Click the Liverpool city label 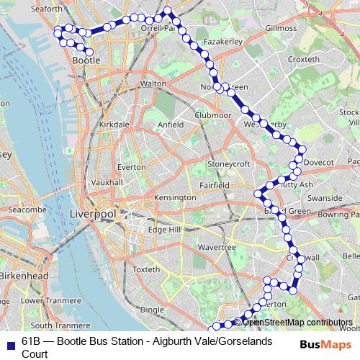(x=92, y=215)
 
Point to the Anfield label (x=171, y=124)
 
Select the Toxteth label (x=146, y=269)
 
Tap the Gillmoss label (x=280, y=28)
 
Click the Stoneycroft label (x=228, y=164)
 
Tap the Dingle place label (x=152, y=310)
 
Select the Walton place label (x=153, y=84)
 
